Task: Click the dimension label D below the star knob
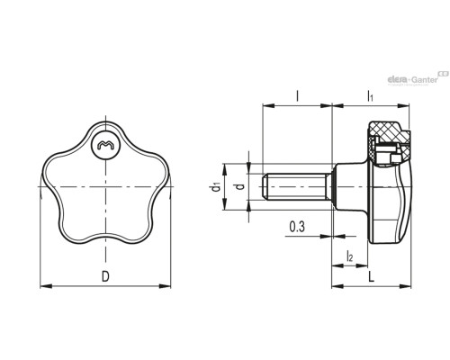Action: click(x=105, y=276)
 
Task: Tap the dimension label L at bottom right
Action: click(x=372, y=277)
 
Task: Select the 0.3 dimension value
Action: click(x=297, y=227)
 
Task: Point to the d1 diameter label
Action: click(x=216, y=187)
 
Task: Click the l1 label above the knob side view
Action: click(x=371, y=96)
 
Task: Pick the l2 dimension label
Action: click(x=350, y=256)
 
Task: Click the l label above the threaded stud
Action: click(x=297, y=96)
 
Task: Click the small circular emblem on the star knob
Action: click(x=105, y=145)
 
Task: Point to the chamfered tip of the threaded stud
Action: click(x=264, y=187)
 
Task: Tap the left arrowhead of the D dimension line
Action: click(x=46, y=286)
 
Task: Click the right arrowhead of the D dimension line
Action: click(x=165, y=286)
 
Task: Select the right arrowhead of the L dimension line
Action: click(x=405, y=286)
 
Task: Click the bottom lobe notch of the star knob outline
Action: click(x=105, y=235)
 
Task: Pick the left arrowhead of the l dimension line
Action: click(x=268, y=105)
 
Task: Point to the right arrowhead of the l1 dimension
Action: click(x=403, y=105)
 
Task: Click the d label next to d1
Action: click(x=240, y=187)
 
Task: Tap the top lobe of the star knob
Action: click(x=105, y=122)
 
